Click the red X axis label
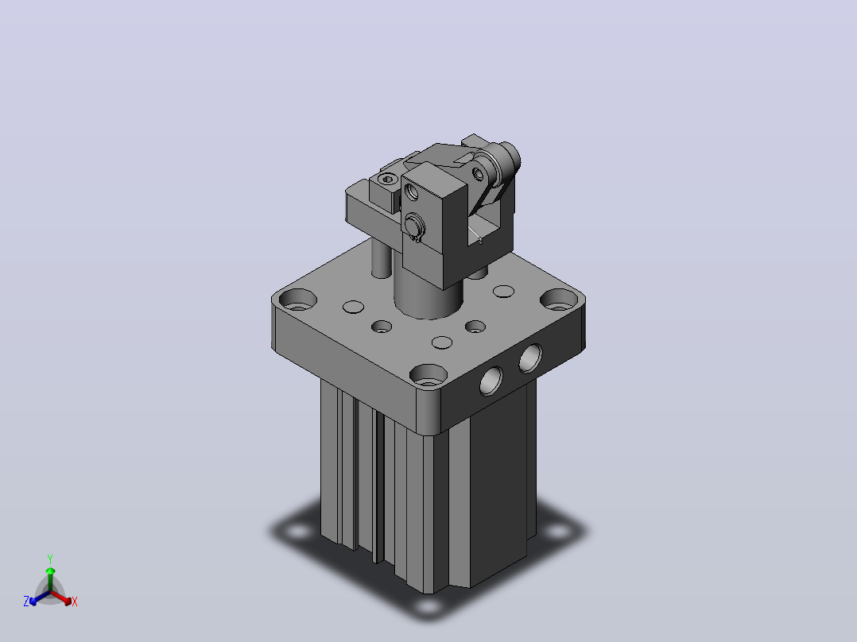pos(75,601)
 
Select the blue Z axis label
pos(26,601)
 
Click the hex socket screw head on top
pos(387,179)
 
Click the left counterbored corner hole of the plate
pos(298,300)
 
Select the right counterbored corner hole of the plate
pos(559,300)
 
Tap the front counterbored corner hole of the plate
pos(428,375)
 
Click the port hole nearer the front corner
pos(491,381)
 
